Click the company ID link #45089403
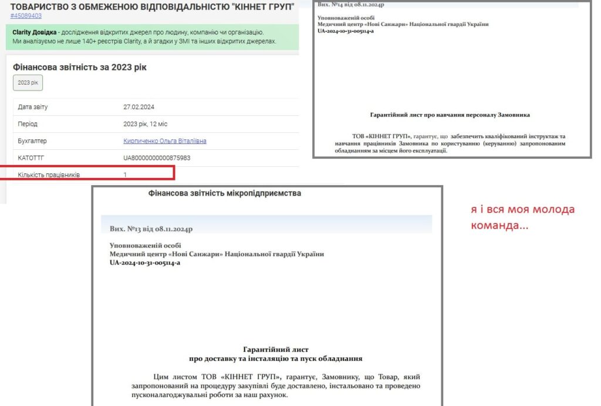click(26, 16)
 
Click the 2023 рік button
click(28, 83)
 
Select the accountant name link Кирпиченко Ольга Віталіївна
click(165, 141)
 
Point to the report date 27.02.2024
click(139, 107)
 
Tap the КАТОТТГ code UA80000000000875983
click(157, 158)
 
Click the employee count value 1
click(125, 175)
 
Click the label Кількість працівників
click(49, 175)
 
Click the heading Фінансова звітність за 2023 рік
click(80, 68)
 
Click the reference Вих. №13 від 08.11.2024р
click(151, 229)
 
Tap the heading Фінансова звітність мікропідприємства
click(225, 193)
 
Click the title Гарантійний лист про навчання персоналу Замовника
click(450, 115)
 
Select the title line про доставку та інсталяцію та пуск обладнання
click(275, 358)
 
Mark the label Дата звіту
click(33, 107)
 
